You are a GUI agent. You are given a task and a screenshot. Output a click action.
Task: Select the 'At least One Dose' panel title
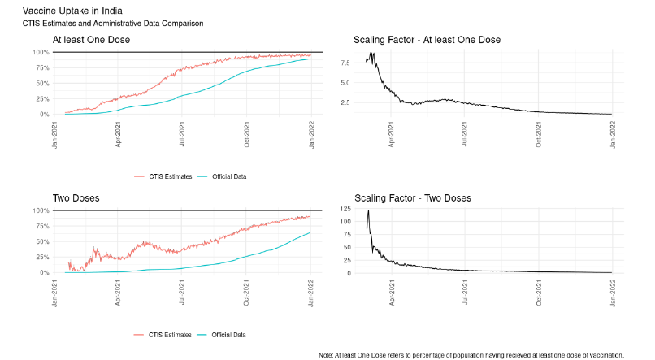coord(91,39)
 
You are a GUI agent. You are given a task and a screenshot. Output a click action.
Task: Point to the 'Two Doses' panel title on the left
coord(76,197)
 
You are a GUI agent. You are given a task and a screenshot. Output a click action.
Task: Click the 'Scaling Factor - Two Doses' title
coord(413,197)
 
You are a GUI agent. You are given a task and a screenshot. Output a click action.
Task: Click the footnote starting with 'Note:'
coord(471,354)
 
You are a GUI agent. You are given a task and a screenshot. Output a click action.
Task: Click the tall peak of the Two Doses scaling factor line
coord(369,211)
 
